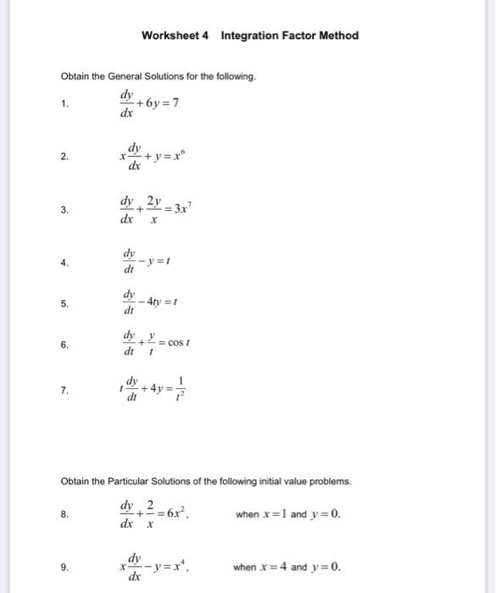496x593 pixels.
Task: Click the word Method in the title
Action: pos(338,36)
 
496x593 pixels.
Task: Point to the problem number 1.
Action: pos(64,104)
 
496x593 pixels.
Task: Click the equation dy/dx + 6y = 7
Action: pos(148,104)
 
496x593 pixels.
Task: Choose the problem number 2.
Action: pos(64,157)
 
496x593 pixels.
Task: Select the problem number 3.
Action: pos(64,209)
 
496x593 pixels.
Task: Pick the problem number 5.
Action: pos(64,303)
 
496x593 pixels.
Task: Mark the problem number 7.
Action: pos(64,391)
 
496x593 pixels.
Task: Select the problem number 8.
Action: pos(64,513)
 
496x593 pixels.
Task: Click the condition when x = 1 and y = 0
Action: pos(287,513)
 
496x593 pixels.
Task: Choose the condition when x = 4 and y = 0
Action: pos(287,567)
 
